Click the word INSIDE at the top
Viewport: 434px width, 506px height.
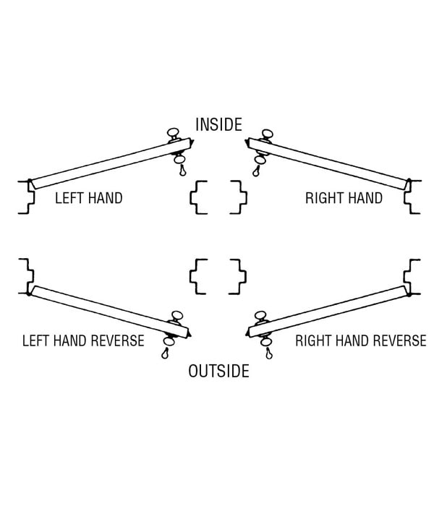[218, 124]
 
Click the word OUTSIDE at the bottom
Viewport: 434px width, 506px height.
[218, 371]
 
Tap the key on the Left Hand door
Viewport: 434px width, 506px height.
[183, 170]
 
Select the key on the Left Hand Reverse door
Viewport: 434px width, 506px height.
[166, 353]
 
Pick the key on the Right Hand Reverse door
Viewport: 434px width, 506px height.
[268, 353]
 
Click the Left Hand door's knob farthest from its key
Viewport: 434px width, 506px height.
[173, 133]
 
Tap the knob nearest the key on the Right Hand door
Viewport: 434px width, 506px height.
[260, 160]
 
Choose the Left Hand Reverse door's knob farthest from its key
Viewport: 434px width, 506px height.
[177, 316]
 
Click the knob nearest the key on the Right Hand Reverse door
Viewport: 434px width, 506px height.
[266, 341]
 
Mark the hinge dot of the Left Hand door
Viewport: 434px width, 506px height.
[30, 181]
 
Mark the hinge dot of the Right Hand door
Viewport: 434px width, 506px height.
[409, 181]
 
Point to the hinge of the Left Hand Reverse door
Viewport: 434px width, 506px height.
[30, 293]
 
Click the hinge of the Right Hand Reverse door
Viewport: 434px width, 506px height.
[409, 293]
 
